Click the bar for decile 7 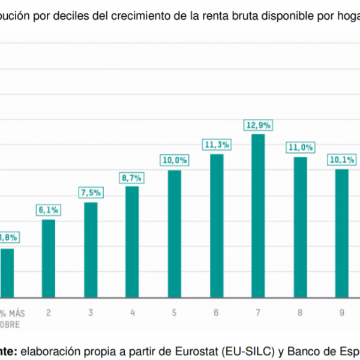point(258,215)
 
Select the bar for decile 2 point(49,258)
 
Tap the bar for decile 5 point(175,233)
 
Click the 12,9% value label point(258,125)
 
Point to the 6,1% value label point(49,210)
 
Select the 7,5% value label point(91,193)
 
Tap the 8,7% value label point(132,177)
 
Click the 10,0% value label point(175,160)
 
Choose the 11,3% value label point(217,144)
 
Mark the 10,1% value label point(342,160)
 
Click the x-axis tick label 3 point(91,313)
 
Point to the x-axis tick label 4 point(132,313)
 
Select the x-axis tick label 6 point(216,313)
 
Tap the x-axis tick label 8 point(300,313)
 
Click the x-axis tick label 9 point(342,313)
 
